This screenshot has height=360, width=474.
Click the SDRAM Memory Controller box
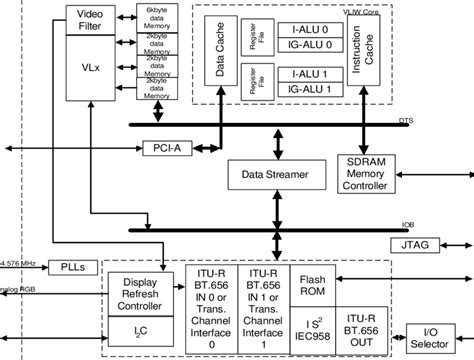(367, 175)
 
